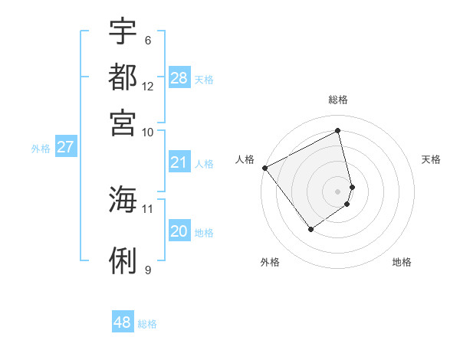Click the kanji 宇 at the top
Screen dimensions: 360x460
point(123,32)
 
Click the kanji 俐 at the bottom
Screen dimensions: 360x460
point(123,261)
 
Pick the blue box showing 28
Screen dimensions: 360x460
point(179,78)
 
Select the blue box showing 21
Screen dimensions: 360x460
point(179,162)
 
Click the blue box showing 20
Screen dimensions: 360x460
point(179,232)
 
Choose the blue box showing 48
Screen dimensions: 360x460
point(123,322)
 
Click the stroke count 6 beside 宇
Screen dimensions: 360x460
point(147,40)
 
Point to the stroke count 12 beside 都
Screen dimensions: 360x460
point(148,86)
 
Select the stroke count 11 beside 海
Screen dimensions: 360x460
point(148,208)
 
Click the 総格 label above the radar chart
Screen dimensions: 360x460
point(338,100)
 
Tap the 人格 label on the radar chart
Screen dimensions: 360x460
point(245,159)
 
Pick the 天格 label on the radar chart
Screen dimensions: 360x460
point(431,159)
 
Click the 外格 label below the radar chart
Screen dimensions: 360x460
point(270,262)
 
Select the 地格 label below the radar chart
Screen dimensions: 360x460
point(402,262)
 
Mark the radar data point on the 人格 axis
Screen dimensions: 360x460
point(264,168)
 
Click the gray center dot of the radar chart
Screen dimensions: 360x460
point(337,191)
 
